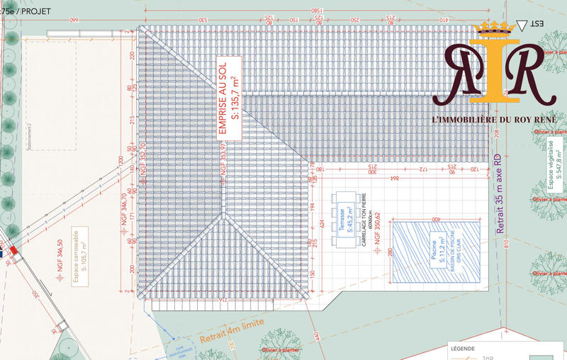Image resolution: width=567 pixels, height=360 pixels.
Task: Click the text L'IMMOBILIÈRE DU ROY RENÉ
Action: [x=494, y=118]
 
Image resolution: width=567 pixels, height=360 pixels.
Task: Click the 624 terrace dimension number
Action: [x=321, y=225]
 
